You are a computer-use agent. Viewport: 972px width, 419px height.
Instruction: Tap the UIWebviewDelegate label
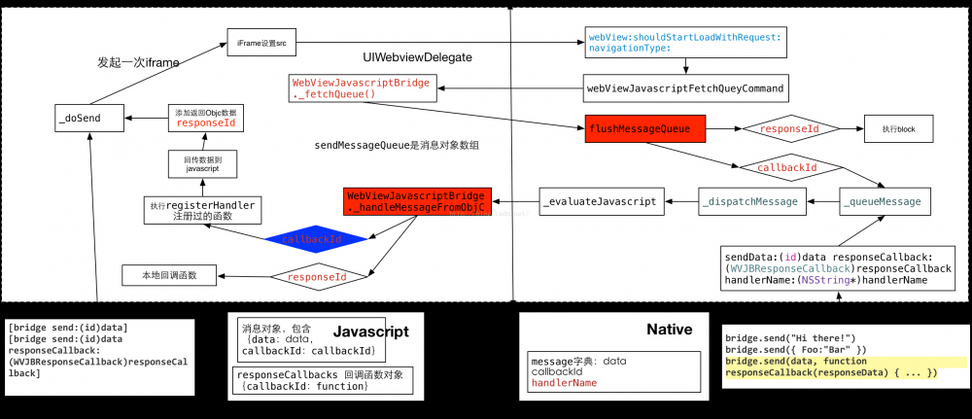click(417, 58)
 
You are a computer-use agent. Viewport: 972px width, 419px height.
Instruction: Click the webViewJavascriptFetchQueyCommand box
click(685, 88)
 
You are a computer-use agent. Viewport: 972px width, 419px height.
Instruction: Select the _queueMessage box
click(885, 201)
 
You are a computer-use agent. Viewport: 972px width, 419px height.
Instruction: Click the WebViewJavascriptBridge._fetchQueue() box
click(361, 88)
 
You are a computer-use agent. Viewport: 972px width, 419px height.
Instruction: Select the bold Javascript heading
click(370, 332)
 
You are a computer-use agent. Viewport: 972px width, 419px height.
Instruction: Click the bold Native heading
click(669, 330)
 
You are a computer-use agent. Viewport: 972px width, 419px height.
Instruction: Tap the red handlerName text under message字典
click(565, 383)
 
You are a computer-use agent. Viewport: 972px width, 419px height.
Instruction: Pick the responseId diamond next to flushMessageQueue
click(787, 127)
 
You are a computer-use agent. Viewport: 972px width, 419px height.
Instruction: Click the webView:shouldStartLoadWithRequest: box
click(685, 41)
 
